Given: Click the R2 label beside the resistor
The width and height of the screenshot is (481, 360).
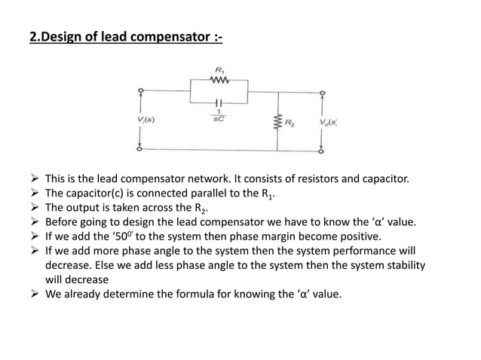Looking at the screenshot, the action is [290, 121].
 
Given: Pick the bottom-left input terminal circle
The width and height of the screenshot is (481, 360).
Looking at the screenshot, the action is [140, 148].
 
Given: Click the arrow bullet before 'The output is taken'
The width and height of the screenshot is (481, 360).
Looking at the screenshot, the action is [34, 208].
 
